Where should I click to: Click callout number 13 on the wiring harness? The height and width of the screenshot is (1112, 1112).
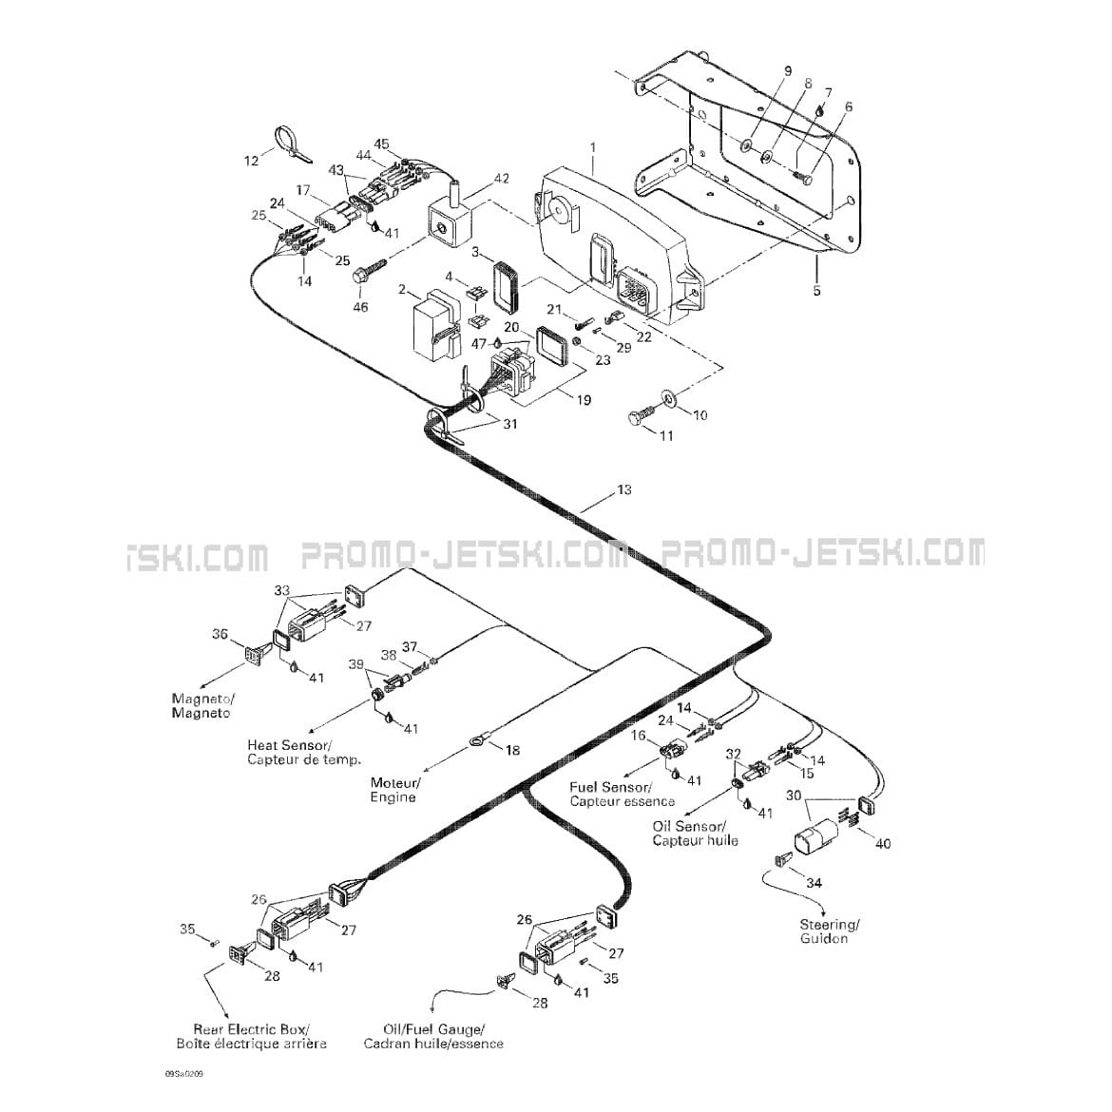pos(624,490)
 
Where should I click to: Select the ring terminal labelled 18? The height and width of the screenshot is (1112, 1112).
pos(477,742)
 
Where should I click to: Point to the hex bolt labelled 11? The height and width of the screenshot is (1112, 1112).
pos(640,412)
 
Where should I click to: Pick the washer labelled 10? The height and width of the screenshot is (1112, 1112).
pos(669,398)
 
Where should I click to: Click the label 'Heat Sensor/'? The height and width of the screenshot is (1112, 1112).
pos(289,745)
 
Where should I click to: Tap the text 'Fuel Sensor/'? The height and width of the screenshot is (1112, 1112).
pos(610,787)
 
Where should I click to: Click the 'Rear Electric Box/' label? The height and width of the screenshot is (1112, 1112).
pos(251,1029)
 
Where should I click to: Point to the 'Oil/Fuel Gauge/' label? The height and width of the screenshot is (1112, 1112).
pos(433,1029)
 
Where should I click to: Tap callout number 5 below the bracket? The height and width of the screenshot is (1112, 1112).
pos(817,290)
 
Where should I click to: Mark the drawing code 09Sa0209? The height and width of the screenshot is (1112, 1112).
pos(183,1074)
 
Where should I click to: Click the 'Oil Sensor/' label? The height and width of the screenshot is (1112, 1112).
pos(689,827)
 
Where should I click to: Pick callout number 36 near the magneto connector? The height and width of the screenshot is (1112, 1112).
pos(220,633)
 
